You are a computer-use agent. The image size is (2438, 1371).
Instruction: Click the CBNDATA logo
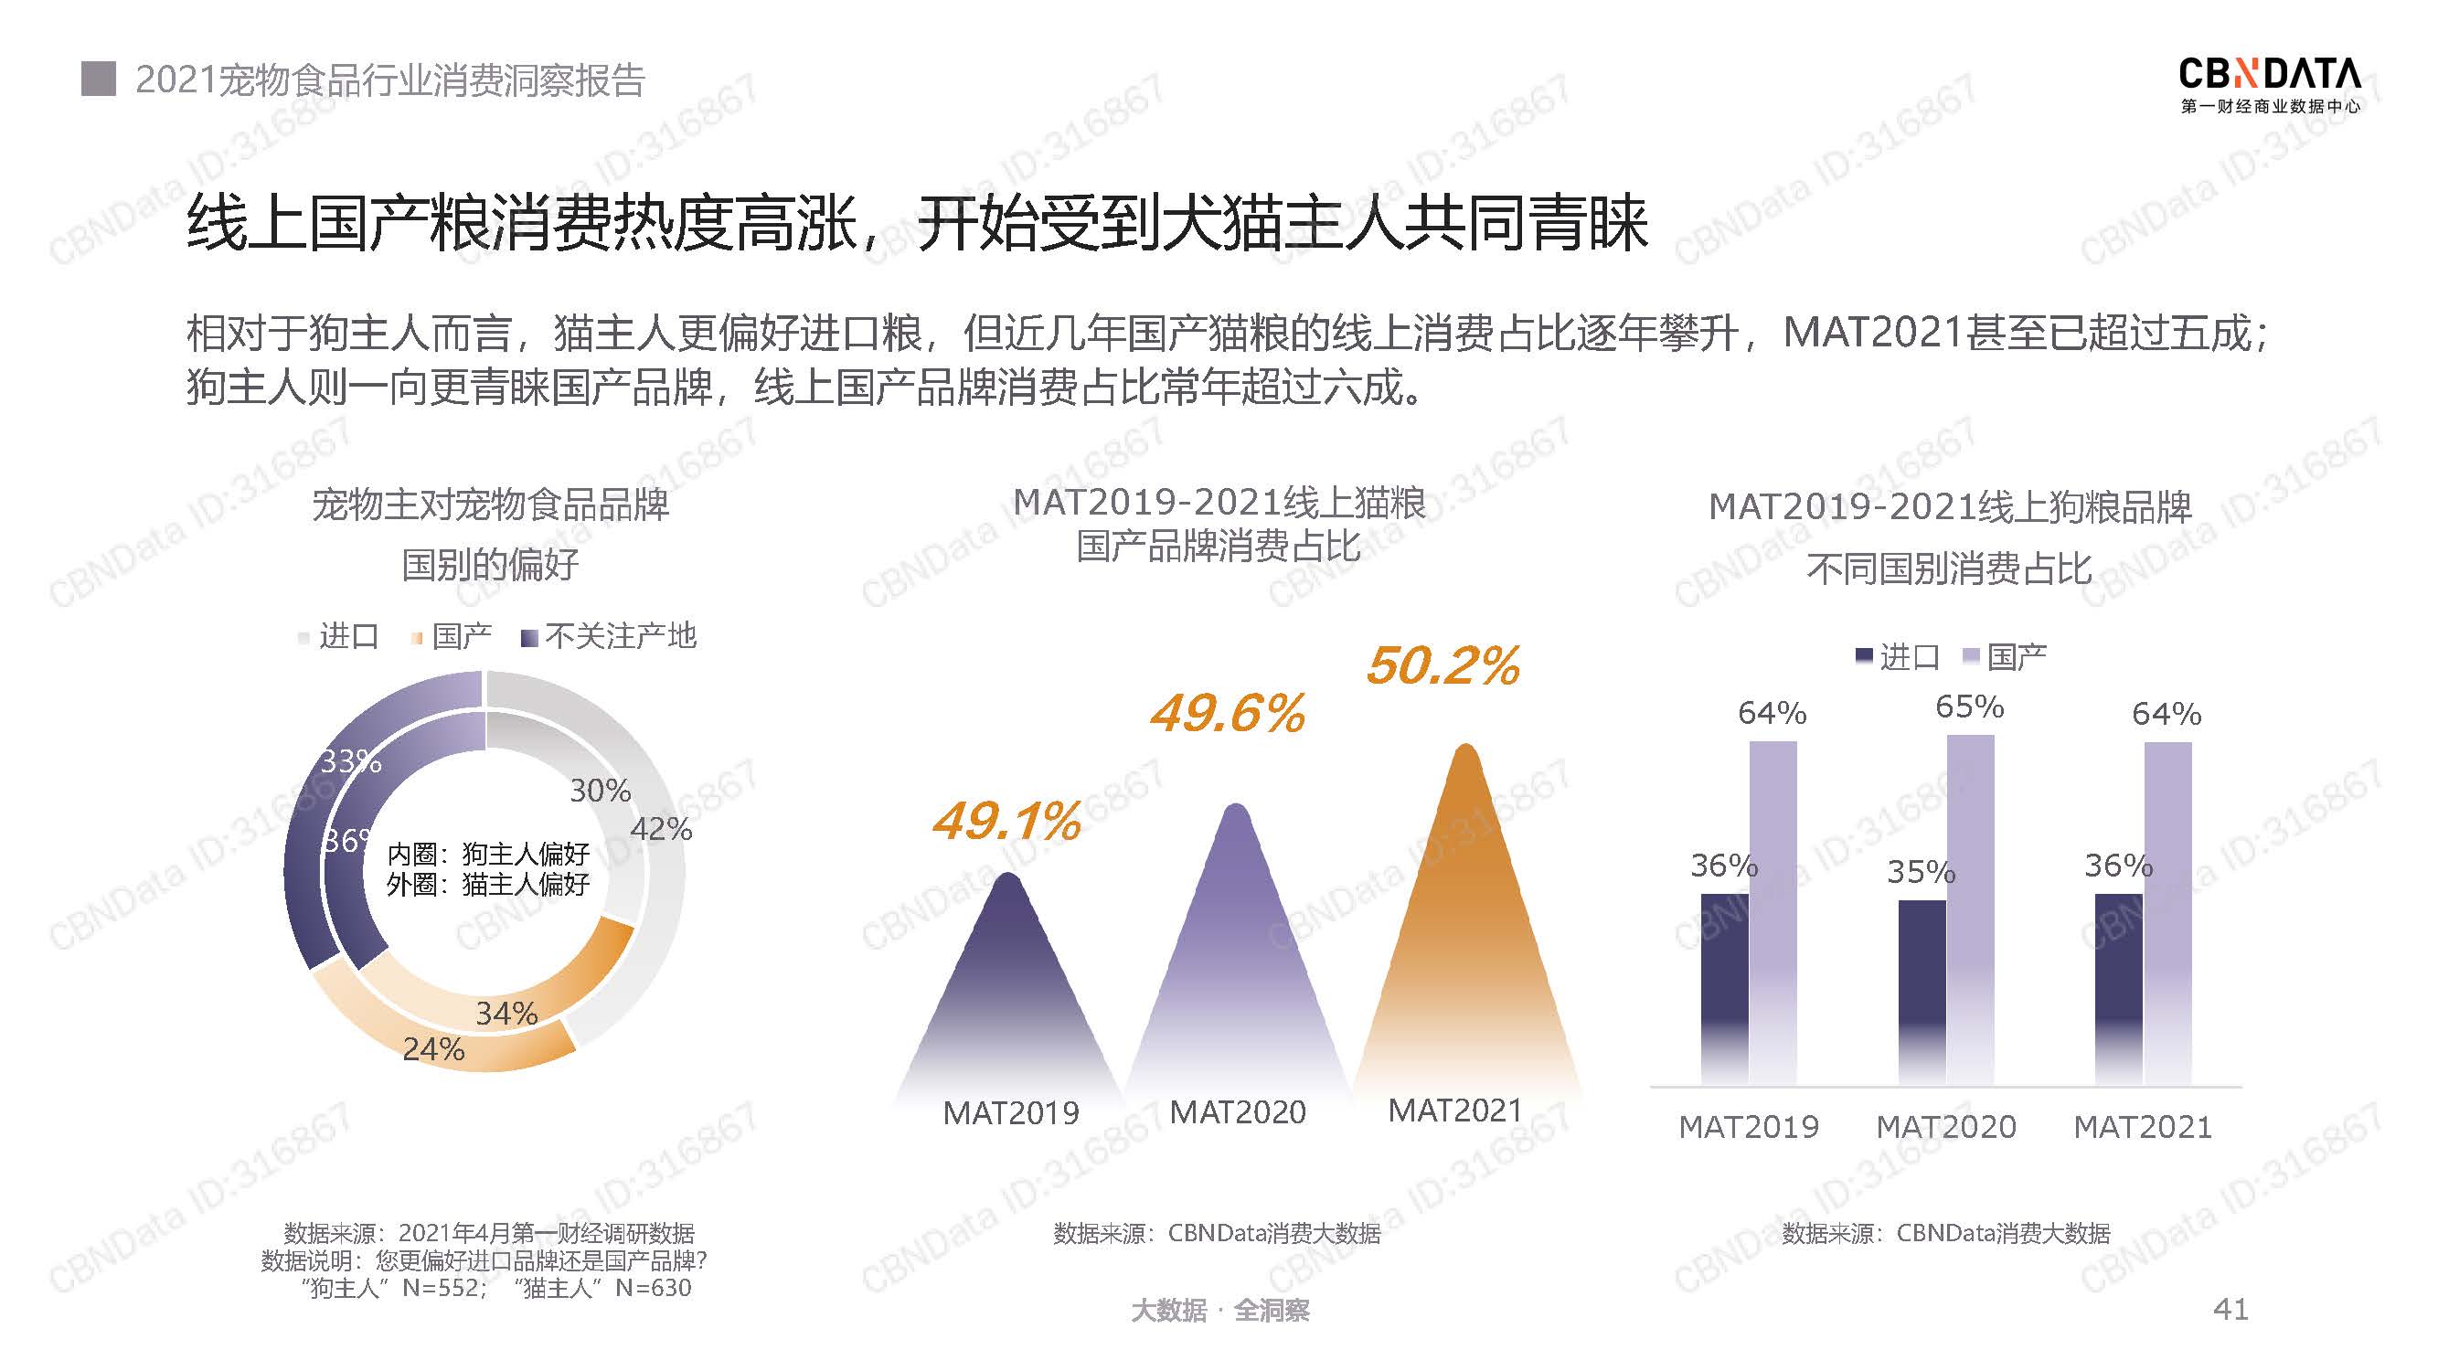pos(2270,84)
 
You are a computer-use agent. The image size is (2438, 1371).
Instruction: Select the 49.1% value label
pos(1006,821)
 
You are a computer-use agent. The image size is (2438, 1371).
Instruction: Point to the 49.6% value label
pos(1228,714)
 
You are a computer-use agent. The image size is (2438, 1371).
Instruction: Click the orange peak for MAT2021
pos(1466,927)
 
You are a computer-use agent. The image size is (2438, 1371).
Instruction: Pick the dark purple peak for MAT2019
pos(1009,984)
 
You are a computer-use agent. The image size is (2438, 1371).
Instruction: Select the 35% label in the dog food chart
pos(1921,871)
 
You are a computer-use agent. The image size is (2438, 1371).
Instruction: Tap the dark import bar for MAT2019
pos(1724,984)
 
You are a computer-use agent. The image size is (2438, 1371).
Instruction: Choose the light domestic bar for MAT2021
pos(2167,909)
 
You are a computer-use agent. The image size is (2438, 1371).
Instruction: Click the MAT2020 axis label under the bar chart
pos(1946,1127)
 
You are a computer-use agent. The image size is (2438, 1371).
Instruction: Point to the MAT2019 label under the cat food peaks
pos(1011,1112)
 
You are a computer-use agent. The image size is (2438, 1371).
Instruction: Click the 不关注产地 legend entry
pos(610,637)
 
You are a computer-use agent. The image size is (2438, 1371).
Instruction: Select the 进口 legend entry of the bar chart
pos(1898,656)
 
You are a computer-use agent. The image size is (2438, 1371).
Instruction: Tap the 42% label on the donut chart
pos(661,830)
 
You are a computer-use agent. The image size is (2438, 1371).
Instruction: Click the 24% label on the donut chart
pos(433,1049)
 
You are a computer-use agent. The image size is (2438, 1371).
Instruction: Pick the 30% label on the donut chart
pos(600,791)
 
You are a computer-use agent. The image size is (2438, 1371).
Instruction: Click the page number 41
pos(2230,1310)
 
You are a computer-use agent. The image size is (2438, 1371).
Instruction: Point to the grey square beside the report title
pos(99,80)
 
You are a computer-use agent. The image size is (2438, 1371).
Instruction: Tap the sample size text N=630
pos(653,1288)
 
